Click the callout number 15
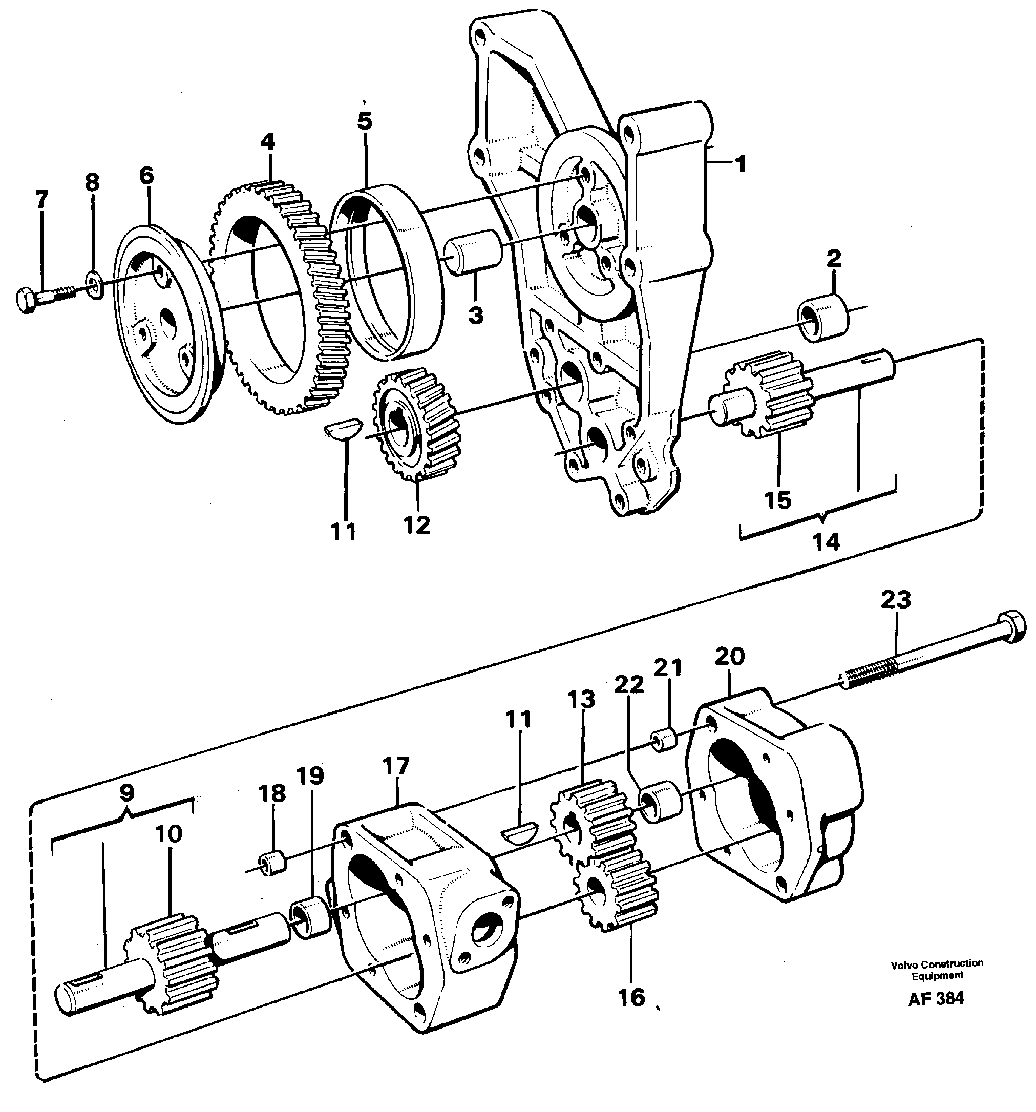pos(778,499)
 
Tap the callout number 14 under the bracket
pos(826,541)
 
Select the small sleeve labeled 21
pos(664,740)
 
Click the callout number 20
pos(729,656)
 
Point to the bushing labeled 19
pos(310,917)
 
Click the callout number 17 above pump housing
pos(396,766)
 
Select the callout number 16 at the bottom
pos(631,997)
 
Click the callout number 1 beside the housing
pos(740,164)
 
